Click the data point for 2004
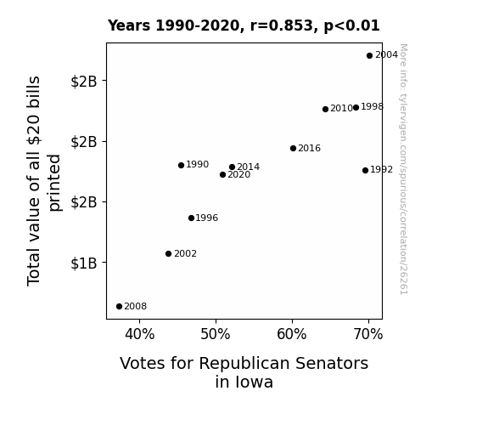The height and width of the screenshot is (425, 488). (369, 56)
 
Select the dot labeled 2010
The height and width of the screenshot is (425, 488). (325, 109)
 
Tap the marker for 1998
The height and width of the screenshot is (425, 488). (356, 108)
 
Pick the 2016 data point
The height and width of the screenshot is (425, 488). (293, 149)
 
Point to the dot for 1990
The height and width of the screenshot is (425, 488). (181, 165)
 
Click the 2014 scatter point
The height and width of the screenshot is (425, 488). (232, 167)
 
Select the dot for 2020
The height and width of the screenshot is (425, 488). (222, 174)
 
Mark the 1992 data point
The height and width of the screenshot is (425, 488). (366, 170)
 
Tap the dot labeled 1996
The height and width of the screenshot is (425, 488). (192, 218)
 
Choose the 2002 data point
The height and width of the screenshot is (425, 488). (168, 254)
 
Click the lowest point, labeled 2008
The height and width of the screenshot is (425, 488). (119, 307)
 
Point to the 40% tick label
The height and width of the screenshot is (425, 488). (140, 334)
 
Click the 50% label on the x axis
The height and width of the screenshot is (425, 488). (216, 334)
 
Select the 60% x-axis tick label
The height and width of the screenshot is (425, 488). (292, 334)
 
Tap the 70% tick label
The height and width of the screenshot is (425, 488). (368, 334)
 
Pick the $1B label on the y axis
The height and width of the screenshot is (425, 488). (84, 263)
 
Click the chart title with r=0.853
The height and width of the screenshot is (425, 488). (244, 25)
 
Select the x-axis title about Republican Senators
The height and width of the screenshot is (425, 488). (244, 372)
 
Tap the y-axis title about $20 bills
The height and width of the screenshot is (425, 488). (44, 181)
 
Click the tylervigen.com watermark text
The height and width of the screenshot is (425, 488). (403, 169)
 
